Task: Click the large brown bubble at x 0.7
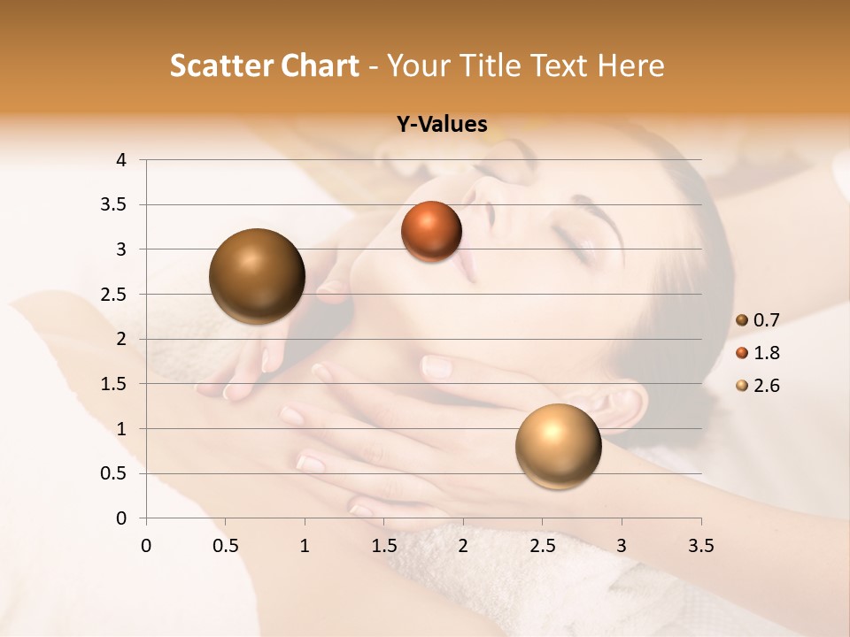tap(257, 276)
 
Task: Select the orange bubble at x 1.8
tap(431, 231)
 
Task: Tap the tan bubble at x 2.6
tap(558, 446)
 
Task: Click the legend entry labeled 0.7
tap(765, 320)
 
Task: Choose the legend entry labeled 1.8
tap(765, 353)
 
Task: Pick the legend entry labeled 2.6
tap(765, 386)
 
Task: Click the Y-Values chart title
tap(441, 125)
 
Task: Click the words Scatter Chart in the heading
tap(264, 65)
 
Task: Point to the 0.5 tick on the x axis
tap(225, 546)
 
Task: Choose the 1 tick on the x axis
tap(305, 546)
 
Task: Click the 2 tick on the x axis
tap(463, 546)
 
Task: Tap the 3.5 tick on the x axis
tap(700, 546)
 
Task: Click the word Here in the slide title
tap(631, 65)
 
